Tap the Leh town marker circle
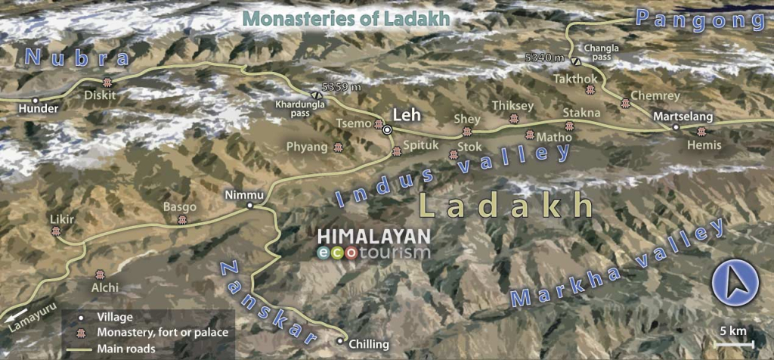(x=387, y=130)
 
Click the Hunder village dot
(x=34, y=100)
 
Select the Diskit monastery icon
(x=107, y=83)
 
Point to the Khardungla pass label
(x=291, y=109)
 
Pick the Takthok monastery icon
(x=590, y=90)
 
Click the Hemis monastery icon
(x=701, y=132)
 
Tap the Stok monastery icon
(x=454, y=154)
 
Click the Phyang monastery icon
(x=338, y=147)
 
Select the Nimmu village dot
(x=250, y=205)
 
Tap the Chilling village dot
(x=339, y=342)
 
